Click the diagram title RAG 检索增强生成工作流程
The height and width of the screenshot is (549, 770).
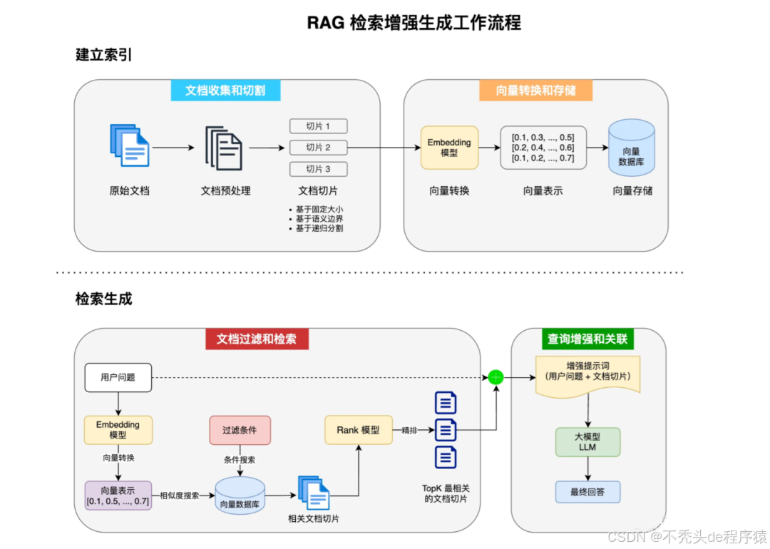coord(414,23)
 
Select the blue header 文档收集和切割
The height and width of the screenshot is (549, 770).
coord(225,91)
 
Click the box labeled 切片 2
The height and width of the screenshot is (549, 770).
coord(318,148)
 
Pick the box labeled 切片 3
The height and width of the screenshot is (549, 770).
coord(318,169)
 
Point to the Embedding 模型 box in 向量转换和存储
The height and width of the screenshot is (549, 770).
coord(449,148)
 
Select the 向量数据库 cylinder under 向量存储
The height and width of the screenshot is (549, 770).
coord(631,148)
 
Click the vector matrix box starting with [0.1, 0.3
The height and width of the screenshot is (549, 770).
coord(543,148)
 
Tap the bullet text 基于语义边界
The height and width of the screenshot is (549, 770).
coord(319,219)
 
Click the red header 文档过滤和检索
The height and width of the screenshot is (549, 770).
coord(257,339)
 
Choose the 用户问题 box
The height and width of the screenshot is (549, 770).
coord(118,377)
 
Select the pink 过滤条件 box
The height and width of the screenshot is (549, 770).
coord(240,431)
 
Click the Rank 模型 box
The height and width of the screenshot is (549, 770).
coord(358,431)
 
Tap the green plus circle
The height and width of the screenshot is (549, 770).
coord(496,377)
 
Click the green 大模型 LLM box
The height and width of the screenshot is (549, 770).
coord(587,442)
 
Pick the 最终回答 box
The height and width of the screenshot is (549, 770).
coord(587,492)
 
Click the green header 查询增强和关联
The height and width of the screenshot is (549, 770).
coord(587,339)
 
